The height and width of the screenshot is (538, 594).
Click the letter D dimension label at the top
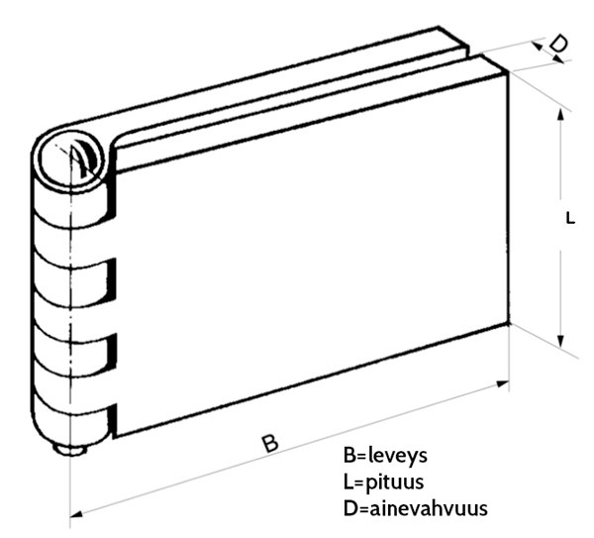(558, 44)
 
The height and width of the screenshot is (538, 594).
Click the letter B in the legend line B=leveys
(349, 457)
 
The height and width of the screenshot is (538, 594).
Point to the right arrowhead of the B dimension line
(506, 382)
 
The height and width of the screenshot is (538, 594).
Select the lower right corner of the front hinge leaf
(507, 326)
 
